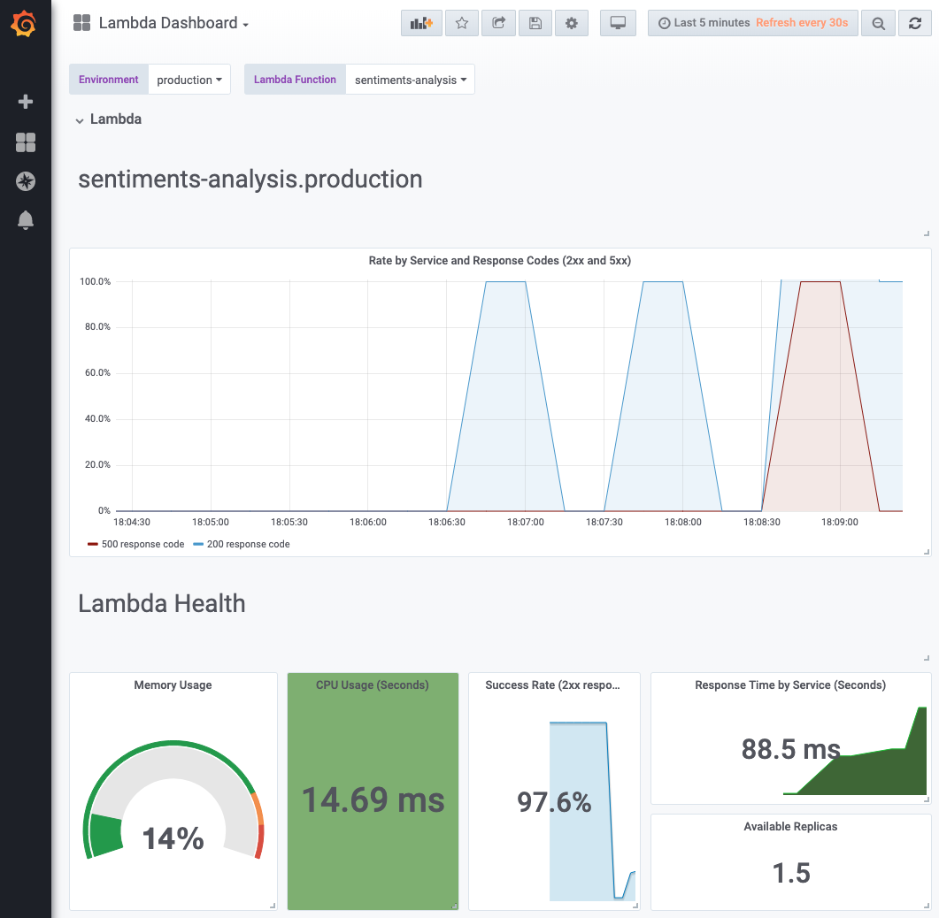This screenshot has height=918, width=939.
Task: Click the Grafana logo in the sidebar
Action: pos(25,25)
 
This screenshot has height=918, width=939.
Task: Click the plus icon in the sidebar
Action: pos(26,102)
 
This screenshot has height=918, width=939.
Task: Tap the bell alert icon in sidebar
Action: pos(26,220)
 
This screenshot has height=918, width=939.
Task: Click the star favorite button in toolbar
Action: pos(461,24)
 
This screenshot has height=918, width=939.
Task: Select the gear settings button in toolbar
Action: pos(571,24)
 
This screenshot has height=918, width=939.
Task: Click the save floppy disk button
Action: pos(535,24)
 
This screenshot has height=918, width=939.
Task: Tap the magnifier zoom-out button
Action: pos(878,24)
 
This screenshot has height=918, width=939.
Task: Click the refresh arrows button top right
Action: pos(914,24)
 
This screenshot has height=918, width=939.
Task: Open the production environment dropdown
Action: pos(189,80)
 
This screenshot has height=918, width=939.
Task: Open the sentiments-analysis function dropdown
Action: pos(410,80)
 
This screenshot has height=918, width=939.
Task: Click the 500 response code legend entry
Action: pos(136,544)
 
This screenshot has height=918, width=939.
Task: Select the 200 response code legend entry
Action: pos(242,544)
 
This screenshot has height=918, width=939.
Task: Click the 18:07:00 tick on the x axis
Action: pos(526,523)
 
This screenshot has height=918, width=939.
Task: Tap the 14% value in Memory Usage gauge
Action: pos(173,838)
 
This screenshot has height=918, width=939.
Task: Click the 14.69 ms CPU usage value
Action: pos(373,799)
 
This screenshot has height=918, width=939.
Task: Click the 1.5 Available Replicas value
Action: pos(790,873)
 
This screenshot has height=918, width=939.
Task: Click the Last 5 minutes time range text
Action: pos(711,23)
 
